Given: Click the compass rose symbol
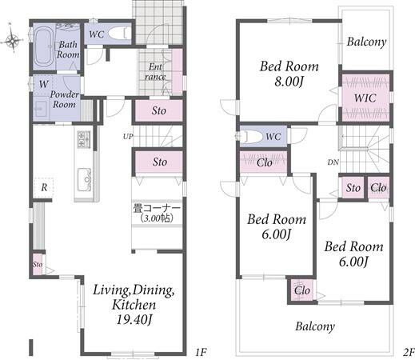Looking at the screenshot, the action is click(x=12, y=41).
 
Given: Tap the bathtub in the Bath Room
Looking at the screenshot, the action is click(x=44, y=47).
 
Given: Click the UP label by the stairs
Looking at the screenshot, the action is click(x=128, y=137).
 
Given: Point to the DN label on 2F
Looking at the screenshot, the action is click(x=333, y=162).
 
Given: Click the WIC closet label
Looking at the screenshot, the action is click(x=365, y=98).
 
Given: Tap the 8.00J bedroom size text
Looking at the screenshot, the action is click(x=289, y=82).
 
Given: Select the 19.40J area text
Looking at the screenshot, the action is click(x=134, y=319).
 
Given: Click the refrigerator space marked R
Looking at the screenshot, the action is click(x=44, y=187).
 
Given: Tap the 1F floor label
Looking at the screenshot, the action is click(x=201, y=353).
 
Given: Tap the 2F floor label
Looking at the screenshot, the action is click(x=409, y=353).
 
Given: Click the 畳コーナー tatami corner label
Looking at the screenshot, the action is click(x=157, y=208).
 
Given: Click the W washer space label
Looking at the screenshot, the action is click(x=43, y=84).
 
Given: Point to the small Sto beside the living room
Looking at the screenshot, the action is click(x=38, y=264).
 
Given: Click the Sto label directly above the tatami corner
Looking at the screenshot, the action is click(x=160, y=162).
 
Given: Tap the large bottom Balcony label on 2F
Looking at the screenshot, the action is click(x=315, y=326).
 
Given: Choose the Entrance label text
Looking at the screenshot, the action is click(x=155, y=71).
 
